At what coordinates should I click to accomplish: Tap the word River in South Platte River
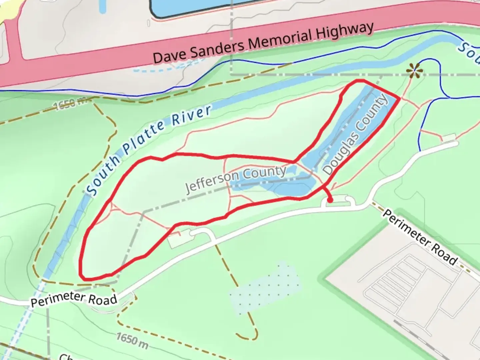(192, 115)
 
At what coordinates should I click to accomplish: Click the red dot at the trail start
(330, 200)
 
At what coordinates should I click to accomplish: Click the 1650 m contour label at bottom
(132, 341)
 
